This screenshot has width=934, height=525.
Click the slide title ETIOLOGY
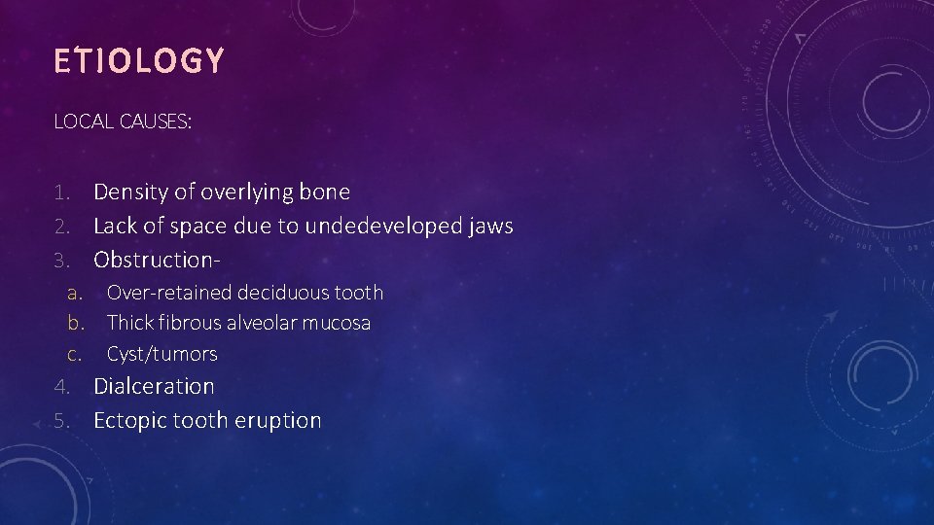click(139, 62)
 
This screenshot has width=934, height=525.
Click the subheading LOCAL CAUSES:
click(123, 122)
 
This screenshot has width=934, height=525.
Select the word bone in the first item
click(325, 192)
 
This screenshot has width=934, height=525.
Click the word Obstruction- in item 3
click(155, 261)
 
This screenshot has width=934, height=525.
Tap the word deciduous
click(283, 293)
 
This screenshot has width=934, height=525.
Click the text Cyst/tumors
click(162, 354)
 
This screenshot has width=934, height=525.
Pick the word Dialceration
click(154, 386)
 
